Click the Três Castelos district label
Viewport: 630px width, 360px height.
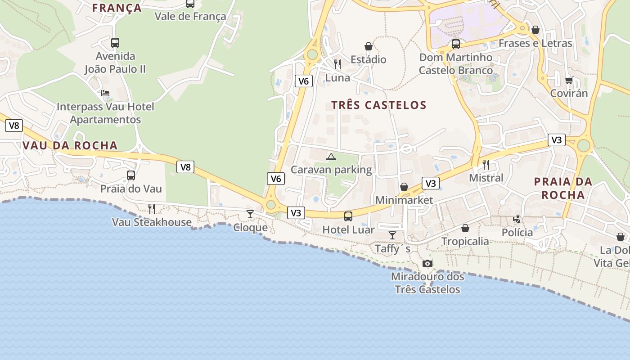[x=378, y=105]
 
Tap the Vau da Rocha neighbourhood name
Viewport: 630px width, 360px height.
[x=70, y=146]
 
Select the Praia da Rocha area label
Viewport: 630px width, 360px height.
[x=563, y=188]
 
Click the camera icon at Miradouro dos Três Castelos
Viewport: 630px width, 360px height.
[x=427, y=263]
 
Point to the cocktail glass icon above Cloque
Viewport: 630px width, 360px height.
[x=250, y=214]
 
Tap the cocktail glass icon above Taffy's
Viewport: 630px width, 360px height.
[x=392, y=235]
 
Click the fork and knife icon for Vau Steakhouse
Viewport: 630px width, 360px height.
[x=152, y=209]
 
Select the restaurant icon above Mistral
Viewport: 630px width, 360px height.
[x=486, y=165]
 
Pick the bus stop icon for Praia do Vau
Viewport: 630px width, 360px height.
[x=131, y=175]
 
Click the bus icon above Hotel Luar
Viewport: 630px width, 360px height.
[x=348, y=216]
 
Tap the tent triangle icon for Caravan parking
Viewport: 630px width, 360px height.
[x=331, y=157]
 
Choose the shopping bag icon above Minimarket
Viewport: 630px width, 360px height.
[x=404, y=187]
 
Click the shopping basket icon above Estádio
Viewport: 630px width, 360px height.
[x=369, y=46]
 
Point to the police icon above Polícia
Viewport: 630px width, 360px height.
[x=517, y=219]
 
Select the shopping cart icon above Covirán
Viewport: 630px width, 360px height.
[x=569, y=81]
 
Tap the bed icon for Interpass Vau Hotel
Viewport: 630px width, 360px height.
[x=105, y=93]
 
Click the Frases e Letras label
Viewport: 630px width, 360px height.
[x=535, y=44]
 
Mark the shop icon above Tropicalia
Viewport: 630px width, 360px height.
[x=465, y=229]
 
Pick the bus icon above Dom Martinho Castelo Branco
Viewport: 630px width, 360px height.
[x=456, y=44]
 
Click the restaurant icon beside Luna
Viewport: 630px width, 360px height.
[x=337, y=64]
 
